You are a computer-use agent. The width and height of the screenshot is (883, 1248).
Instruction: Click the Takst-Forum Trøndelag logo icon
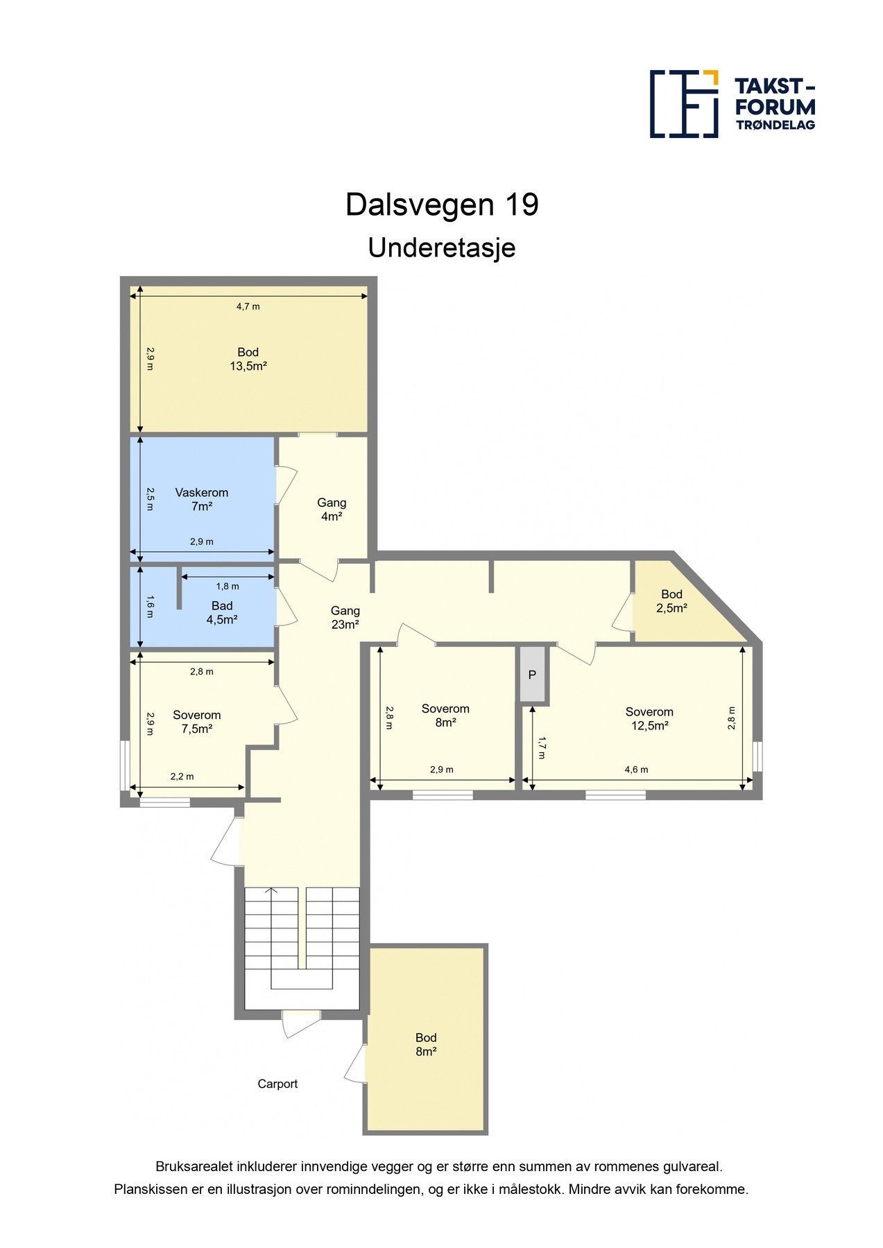coord(684,103)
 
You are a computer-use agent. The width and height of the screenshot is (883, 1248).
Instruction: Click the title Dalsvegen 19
coord(442,205)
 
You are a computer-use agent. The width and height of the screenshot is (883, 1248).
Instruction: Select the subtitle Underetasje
coord(442,248)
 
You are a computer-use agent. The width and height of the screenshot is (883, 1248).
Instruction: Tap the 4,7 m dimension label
coord(248,306)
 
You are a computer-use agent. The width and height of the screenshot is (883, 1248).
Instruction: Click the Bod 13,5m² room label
coord(248,359)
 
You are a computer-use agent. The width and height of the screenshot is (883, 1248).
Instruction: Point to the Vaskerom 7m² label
coord(202,500)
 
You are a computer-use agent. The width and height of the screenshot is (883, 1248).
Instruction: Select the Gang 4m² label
coord(332,510)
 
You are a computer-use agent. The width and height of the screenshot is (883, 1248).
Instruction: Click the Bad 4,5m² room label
coord(222,613)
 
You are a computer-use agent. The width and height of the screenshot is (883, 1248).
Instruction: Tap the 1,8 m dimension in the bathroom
coord(228,587)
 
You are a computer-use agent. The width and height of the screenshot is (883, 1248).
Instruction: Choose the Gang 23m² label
coord(345,618)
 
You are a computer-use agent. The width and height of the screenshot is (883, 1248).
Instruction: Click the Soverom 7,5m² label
coord(197,722)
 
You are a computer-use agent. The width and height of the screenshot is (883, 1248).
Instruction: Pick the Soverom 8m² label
coord(445,716)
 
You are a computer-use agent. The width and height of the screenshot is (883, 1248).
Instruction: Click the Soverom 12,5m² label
coord(649,719)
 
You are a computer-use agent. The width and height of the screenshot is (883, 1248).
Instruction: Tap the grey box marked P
coord(533,675)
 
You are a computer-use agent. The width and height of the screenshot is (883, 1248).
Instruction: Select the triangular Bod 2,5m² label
coord(671,601)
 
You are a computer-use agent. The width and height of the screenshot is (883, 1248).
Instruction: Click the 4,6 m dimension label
coord(637,770)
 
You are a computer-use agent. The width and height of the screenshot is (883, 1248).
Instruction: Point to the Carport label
coord(277,1084)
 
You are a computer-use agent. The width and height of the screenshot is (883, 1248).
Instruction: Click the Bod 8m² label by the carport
coord(426,1045)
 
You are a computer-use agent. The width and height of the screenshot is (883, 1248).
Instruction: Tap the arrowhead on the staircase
coord(271,890)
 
